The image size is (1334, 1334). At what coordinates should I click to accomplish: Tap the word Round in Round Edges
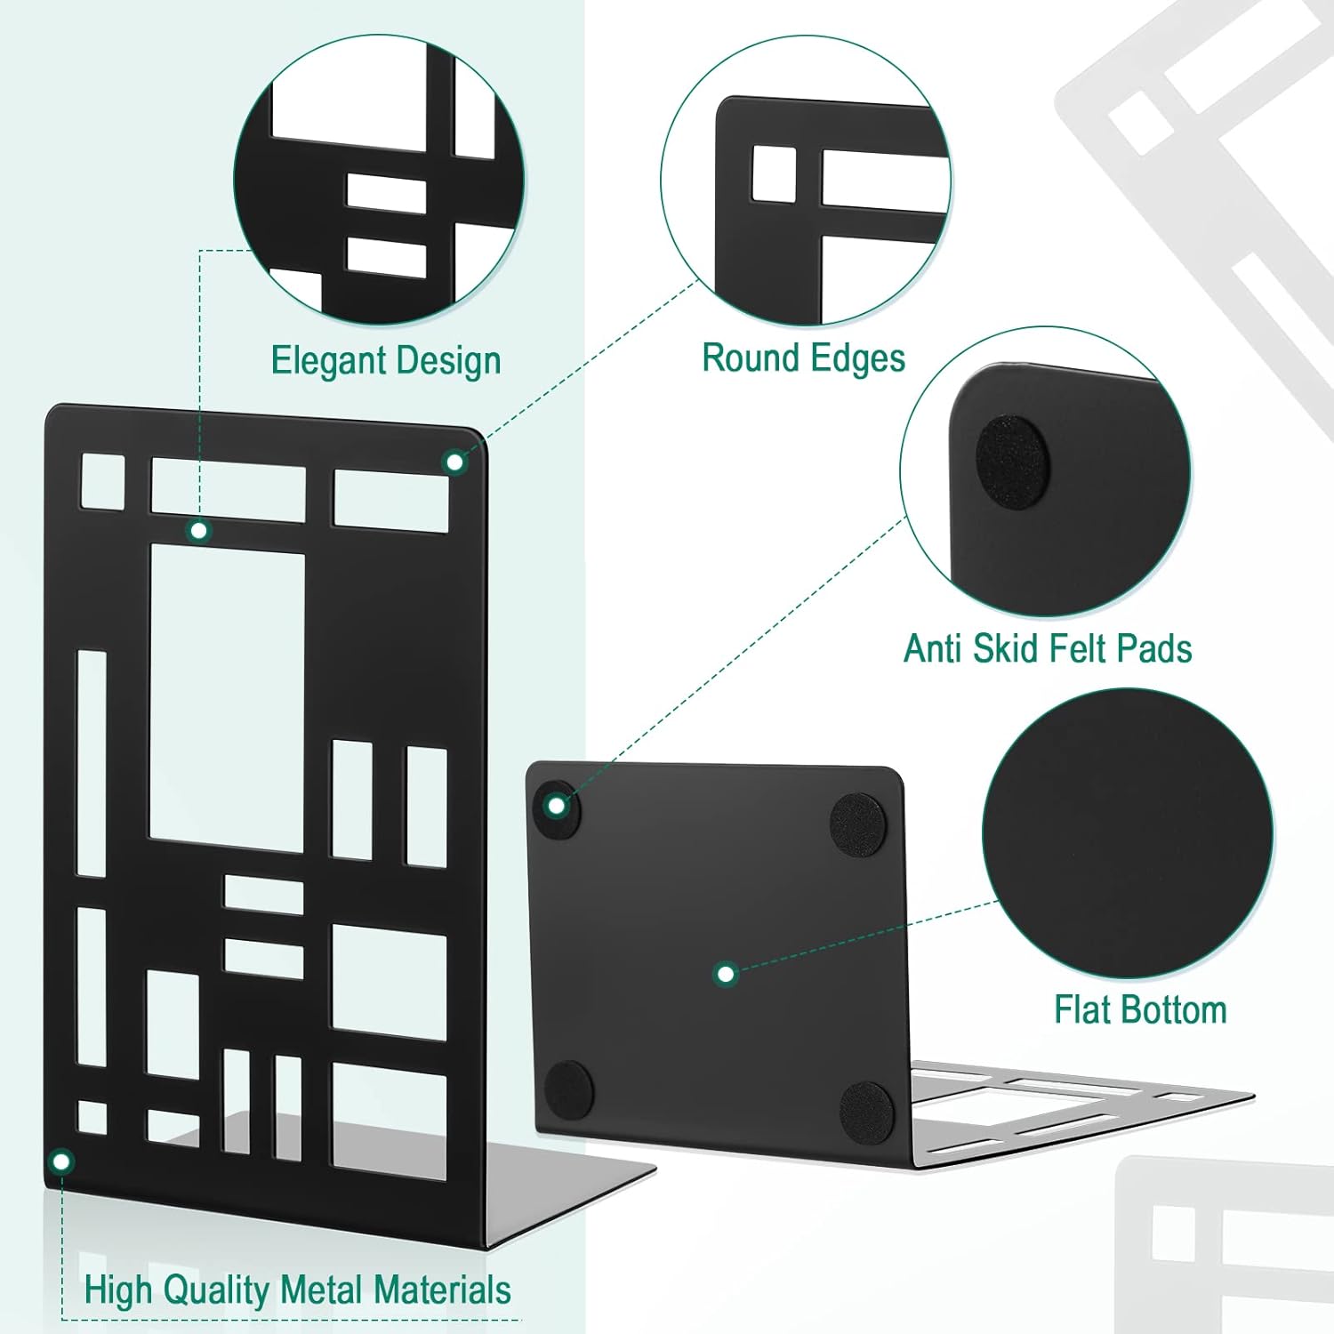click(740, 358)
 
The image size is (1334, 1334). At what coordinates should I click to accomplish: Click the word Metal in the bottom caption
click(323, 1290)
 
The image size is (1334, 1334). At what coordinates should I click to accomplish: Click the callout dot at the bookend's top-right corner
click(454, 462)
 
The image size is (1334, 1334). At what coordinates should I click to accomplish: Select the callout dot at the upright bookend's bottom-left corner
click(61, 1161)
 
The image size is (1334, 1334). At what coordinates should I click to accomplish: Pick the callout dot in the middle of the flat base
click(726, 974)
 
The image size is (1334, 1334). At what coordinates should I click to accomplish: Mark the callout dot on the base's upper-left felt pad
click(557, 807)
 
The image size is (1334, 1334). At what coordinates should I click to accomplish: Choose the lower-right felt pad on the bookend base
click(867, 1111)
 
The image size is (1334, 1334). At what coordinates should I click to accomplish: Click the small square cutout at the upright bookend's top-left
click(103, 481)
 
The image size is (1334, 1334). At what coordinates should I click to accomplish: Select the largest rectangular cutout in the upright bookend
click(227, 696)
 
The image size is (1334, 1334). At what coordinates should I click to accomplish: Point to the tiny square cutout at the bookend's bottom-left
click(92, 1117)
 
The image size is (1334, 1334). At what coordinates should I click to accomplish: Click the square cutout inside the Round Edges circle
click(775, 173)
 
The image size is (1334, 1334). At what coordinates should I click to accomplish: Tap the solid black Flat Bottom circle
click(1127, 833)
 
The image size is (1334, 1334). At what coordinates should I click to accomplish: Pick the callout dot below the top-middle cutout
click(199, 531)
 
